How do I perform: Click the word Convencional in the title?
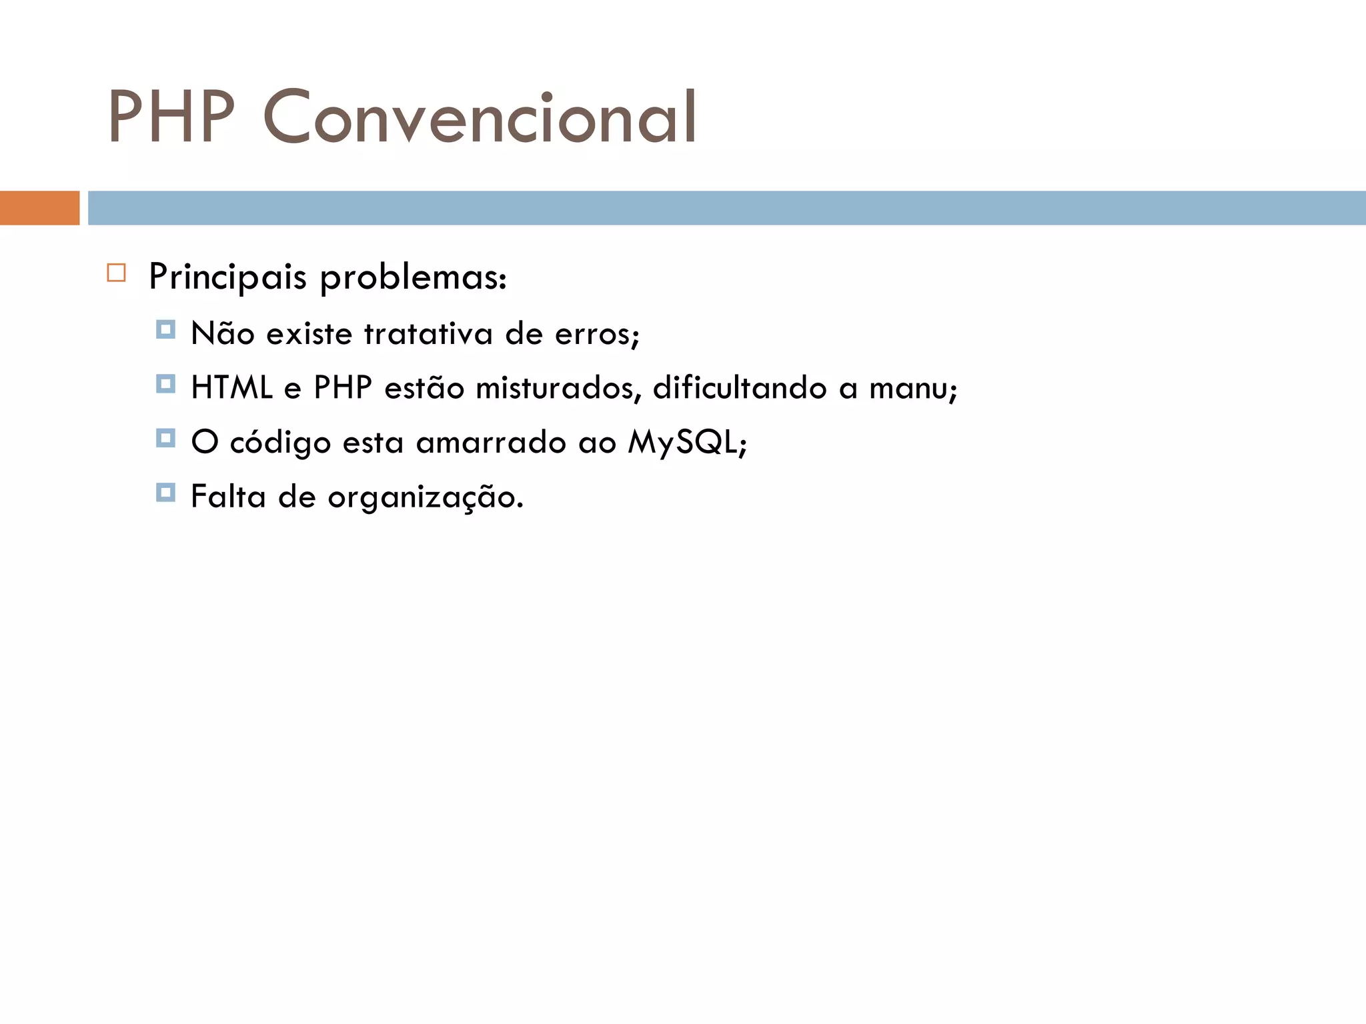(x=480, y=117)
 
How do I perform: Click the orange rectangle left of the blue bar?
(x=39, y=208)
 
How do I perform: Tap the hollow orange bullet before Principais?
(x=116, y=273)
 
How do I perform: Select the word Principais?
(x=227, y=277)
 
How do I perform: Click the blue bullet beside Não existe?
(x=165, y=330)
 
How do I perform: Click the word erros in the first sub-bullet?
(x=594, y=333)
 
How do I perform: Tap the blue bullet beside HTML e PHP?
(x=165, y=384)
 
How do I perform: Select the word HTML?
(x=231, y=388)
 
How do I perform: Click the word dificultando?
(x=739, y=388)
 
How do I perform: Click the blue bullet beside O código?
(x=165, y=439)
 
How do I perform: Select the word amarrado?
(x=491, y=442)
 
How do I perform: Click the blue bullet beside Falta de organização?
(x=165, y=493)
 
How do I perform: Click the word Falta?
(x=228, y=497)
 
